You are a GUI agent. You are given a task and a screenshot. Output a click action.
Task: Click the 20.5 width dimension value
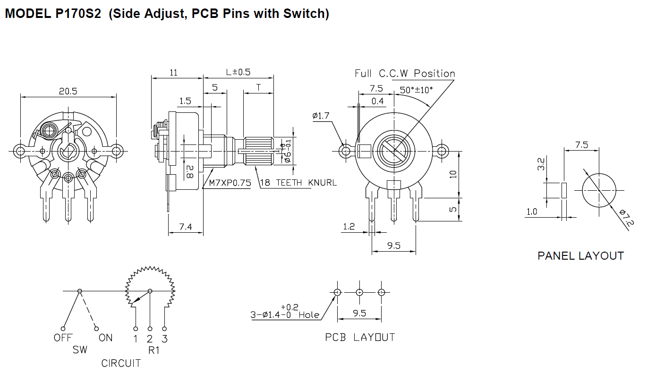(x=68, y=92)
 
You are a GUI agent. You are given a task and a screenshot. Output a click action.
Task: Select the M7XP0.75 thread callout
(x=230, y=183)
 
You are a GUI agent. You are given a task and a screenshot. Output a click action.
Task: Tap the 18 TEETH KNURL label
(x=298, y=183)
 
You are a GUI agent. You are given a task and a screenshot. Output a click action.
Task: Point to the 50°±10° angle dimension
(x=416, y=90)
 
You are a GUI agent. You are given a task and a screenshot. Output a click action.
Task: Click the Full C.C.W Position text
(x=405, y=74)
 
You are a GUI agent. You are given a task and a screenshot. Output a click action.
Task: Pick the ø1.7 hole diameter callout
(x=322, y=116)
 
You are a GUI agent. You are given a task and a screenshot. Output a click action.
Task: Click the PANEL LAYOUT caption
(x=580, y=256)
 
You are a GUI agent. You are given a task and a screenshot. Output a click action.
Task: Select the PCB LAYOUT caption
(x=360, y=337)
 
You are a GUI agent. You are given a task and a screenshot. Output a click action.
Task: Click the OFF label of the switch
(x=63, y=338)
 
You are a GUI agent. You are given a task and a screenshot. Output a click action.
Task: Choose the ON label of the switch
(x=105, y=338)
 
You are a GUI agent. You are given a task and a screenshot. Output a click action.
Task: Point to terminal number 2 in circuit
(x=150, y=339)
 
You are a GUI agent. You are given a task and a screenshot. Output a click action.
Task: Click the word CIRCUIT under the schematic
(x=121, y=363)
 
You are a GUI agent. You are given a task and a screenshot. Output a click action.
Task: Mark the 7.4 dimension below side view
(x=186, y=227)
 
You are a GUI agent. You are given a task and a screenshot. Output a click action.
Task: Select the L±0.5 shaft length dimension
(x=238, y=72)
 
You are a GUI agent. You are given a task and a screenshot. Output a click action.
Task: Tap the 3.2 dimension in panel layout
(x=541, y=164)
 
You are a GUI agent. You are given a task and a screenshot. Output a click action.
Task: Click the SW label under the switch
(x=80, y=350)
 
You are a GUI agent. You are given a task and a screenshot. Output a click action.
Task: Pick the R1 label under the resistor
(x=154, y=350)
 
